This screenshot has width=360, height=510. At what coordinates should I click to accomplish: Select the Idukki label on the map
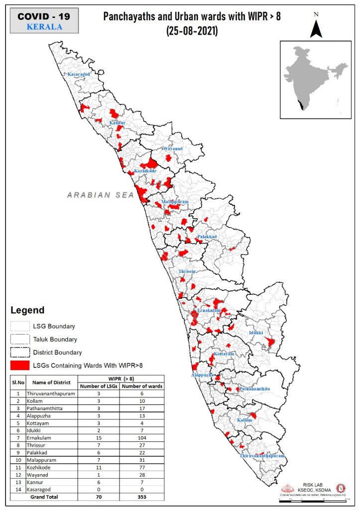pyautogui.click(x=256, y=332)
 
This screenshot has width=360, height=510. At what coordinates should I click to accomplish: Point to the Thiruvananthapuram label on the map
pyautogui.click(x=262, y=456)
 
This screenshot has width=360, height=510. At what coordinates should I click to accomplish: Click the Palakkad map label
pyautogui.click(x=206, y=237)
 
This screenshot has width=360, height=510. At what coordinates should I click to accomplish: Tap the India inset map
pyautogui.click(x=314, y=80)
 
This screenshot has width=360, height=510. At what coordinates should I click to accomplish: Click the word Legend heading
pyautogui.click(x=27, y=310)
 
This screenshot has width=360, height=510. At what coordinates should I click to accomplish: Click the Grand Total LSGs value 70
pyautogui.click(x=99, y=497)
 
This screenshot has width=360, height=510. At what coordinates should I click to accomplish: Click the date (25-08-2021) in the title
pyautogui.click(x=192, y=30)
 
